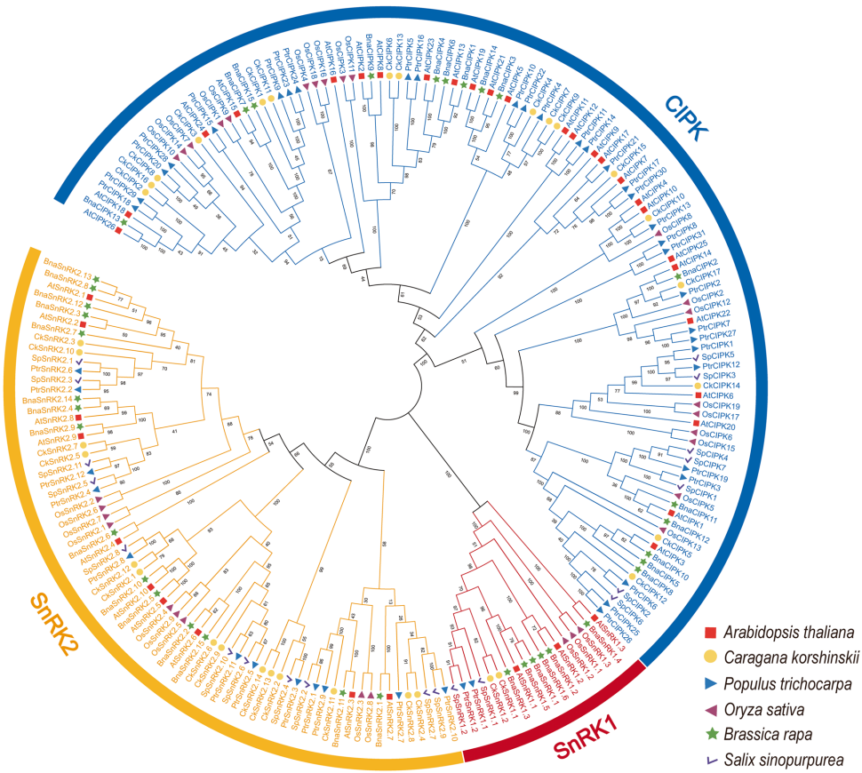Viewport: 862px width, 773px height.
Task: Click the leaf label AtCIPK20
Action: click(722, 426)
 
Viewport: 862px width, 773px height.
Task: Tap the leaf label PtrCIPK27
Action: click(718, 335)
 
